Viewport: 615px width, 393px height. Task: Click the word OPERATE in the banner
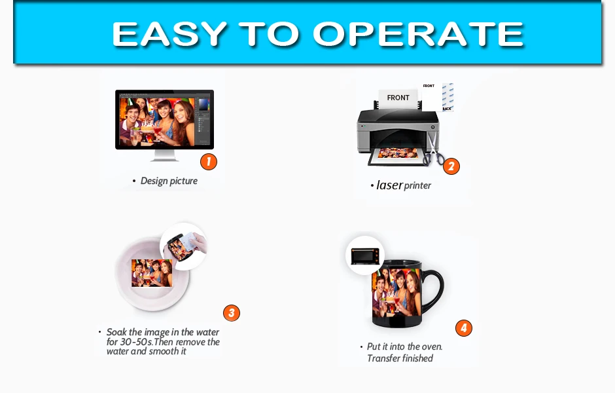tap(418, 34)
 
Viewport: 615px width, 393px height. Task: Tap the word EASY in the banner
tap(169, 34)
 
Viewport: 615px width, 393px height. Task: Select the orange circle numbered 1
tap(209, 161)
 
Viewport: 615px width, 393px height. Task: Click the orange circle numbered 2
tap(451, 166)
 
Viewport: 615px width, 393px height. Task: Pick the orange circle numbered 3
tap(232, 313)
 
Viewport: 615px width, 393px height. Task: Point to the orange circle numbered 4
tap(464, 328)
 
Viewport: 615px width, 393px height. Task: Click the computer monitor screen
tap(165, 119)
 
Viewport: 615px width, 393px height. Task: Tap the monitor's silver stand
tap(165, 155)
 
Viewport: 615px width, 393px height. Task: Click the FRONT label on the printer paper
tap(398, 98)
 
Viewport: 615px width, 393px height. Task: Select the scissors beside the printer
tap(433, 149)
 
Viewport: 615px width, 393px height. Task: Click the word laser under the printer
tap(389, 185)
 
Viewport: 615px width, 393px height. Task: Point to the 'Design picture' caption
tap(169, 181)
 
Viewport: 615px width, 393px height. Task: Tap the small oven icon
tap(365, 256)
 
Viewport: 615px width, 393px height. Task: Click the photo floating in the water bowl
tap(152, 273)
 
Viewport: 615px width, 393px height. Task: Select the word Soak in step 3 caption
tap(116, 332)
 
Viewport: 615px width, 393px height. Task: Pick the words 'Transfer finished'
tap(400, 358)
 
